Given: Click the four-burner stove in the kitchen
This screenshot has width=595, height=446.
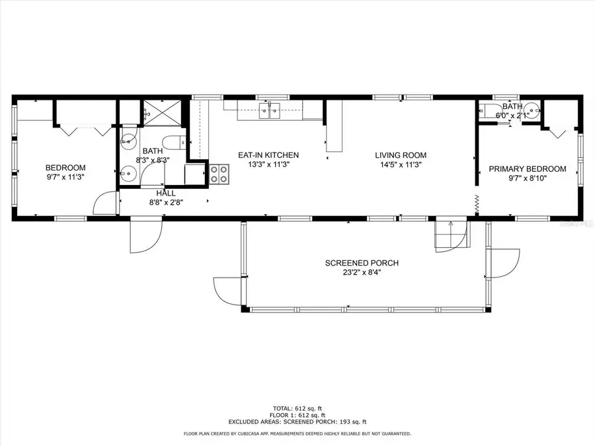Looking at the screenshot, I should (219, 174).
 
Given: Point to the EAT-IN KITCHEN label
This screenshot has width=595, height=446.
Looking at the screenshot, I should (268, 155).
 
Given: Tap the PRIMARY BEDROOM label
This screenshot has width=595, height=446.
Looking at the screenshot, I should (527, 169).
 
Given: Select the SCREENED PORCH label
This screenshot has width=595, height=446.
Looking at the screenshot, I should (362, 263).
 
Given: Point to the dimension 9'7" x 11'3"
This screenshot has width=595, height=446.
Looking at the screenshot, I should (65, 176).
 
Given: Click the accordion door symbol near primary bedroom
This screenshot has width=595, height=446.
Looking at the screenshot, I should (477, 204).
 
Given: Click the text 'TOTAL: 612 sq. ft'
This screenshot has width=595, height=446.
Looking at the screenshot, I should (297, 408).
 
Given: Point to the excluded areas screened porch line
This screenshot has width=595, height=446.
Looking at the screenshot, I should (297, 422).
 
